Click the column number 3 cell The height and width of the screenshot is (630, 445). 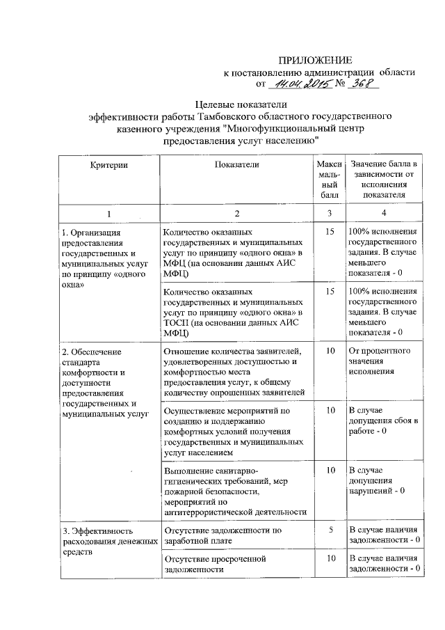click(x=329, y=212)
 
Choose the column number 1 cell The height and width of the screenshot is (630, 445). click(x=108, y=212)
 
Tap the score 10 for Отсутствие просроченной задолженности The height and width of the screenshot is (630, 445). click(x=330, y=558)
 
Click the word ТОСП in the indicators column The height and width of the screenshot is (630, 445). click(x=175, y=323)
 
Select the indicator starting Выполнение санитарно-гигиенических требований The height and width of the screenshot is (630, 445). click(x=234, y=490)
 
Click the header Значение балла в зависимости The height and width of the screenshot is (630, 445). click(x=383, y=179)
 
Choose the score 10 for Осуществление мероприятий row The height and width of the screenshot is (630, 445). click(x=330, y=410)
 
